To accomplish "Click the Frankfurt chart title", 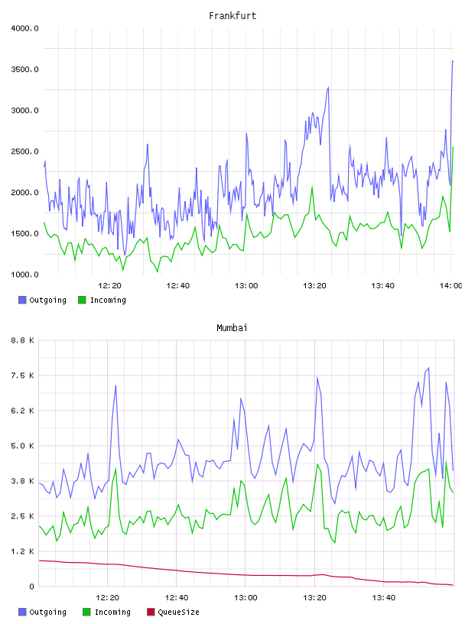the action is point(232,16).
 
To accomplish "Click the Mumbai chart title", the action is point(232,328).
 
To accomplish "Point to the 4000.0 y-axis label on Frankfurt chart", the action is point(24,28).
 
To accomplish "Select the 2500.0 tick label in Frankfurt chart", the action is point(24,151).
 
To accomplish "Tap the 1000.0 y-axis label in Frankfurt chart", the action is point(24,275).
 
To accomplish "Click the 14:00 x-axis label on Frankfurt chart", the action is point(450,286).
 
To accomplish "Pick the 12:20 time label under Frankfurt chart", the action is point(109,286).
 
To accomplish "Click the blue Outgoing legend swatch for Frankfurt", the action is point(22,300).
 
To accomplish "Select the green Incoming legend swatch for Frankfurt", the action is point(82,300).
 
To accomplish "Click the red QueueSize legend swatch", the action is point(151,612).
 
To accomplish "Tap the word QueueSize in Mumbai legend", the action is point(179,612).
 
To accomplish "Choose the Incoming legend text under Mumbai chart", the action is point(112,612).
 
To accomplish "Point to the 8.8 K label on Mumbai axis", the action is point(22,340).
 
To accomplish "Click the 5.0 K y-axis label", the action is point(22,446).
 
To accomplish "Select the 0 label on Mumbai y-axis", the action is point(31,587).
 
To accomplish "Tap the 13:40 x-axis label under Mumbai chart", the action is point(383,598).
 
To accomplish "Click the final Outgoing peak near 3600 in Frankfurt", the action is point(453,61).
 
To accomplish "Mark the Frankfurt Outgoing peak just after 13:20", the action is point(328,87).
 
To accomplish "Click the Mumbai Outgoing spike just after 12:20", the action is point(115,385).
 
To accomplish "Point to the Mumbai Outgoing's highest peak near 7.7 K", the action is point(428,368).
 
